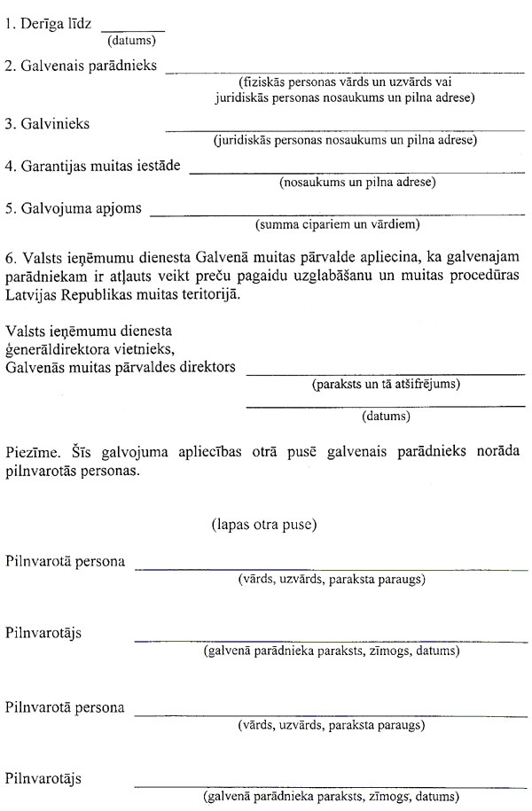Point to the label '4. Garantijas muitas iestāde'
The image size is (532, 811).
(x=92, y=166)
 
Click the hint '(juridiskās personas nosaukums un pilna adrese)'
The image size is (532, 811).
(x=346, y=141)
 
